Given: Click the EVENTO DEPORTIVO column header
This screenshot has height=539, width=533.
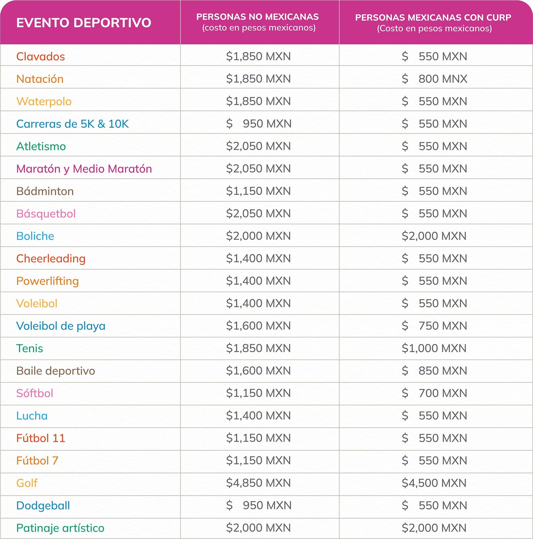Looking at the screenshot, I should (x=84, y=23).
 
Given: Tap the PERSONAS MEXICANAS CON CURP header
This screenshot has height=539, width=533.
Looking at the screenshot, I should (x=433, y=23).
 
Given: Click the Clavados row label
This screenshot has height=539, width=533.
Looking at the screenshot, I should (x=41, y=56).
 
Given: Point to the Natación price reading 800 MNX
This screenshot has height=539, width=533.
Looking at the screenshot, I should (x=434, y=79).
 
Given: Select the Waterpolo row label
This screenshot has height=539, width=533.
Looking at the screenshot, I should (x=44, y=101).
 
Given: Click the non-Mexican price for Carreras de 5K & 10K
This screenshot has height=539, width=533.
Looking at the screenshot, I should (x=259, y=124).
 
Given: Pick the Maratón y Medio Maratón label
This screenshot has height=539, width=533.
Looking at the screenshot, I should (x=84, y=169).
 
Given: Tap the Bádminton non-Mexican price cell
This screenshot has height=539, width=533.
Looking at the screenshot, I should (x=259, y=191).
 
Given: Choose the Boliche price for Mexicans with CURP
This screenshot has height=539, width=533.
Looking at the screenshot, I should (x=434, y=236).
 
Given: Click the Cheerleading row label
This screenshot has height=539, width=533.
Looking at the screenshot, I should (x=51, y=259).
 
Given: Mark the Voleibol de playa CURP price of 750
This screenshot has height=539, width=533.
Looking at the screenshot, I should (x=434, y=325).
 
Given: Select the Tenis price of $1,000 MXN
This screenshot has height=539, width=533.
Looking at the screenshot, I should (x=434, y=348).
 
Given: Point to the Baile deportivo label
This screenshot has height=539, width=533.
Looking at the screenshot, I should (x=56, y=371).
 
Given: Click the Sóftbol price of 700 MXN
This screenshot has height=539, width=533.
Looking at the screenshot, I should (x=434, y=393).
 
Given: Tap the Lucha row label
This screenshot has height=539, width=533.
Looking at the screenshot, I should (x=32, y=416).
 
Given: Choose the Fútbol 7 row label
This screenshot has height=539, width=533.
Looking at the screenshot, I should (x=37, y=460).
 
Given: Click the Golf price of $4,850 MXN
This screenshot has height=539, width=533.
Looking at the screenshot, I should (x=259, y=483).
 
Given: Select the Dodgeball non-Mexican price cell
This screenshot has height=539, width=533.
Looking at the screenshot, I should (x=259, y=505).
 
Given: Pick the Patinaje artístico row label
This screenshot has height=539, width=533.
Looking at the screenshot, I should (x=60, y=528).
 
